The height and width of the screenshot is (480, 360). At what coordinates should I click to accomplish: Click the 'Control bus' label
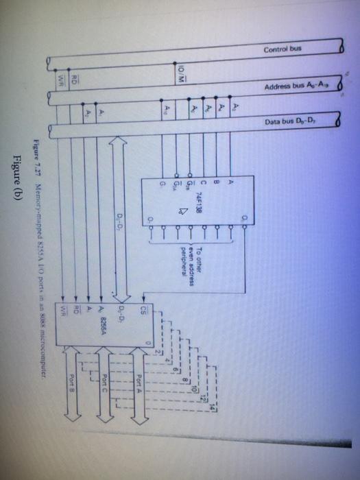pos(282,49)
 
